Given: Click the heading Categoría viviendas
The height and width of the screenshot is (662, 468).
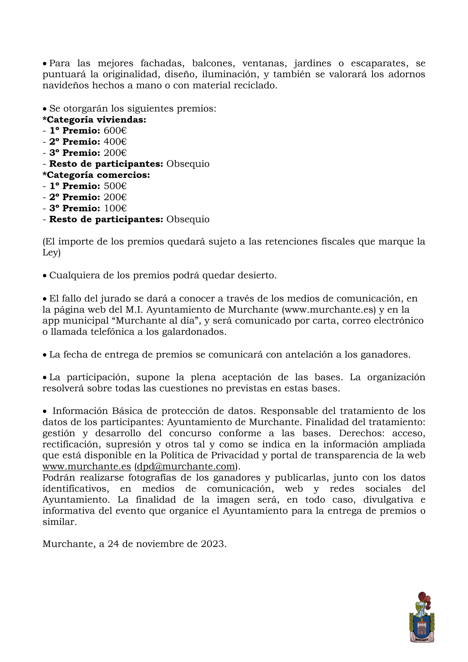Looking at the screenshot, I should click(94, 120).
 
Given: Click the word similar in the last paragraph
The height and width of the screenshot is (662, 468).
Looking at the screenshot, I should click(59, 522).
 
